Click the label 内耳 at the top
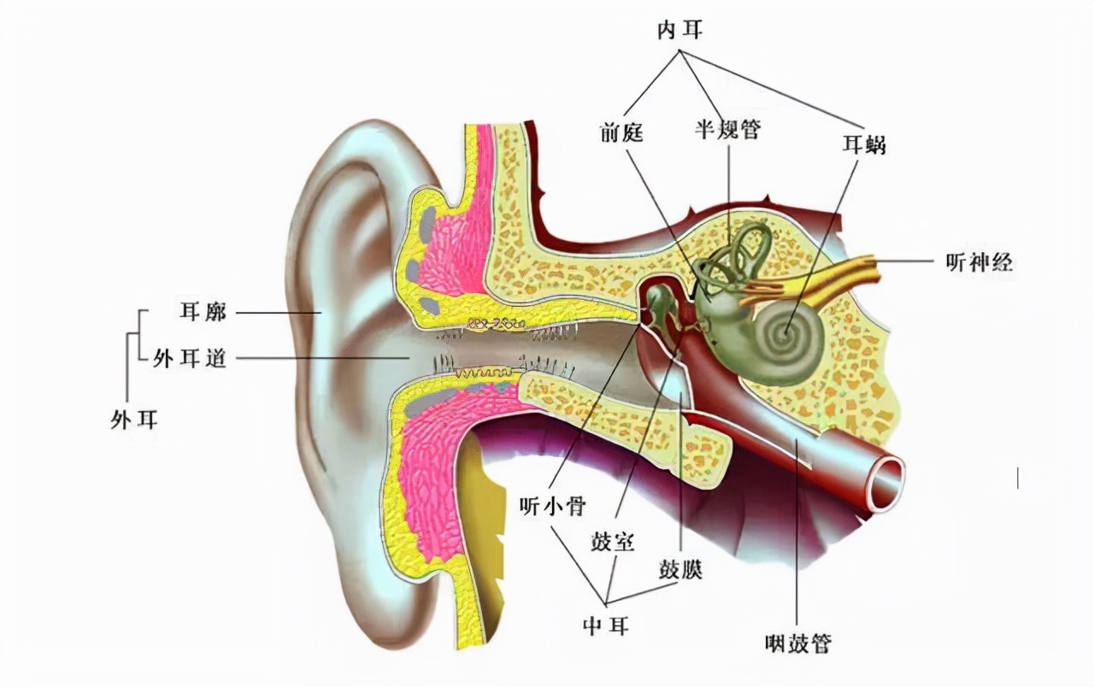tap(679, 32)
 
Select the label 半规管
tap(726, 131)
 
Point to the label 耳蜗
tap(863, 145)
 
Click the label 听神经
tap(979, 262)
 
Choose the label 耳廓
tap(203, 312)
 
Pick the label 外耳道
tap(190, 360)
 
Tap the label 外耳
tap(135, 419)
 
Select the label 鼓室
tap(613, 542)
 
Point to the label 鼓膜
tap(680, 569)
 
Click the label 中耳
tap(607, 626)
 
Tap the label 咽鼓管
tap(798, 643)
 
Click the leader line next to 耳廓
tap(273, 313)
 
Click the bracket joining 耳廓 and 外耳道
tap(129, 336)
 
